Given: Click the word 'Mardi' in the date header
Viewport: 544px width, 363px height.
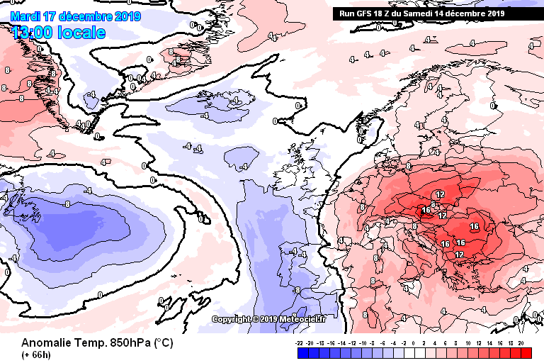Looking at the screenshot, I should point(25,16).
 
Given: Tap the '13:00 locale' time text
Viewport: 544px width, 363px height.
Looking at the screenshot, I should point(58,33).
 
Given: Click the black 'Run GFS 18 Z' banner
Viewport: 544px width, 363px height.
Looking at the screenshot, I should point(421,13).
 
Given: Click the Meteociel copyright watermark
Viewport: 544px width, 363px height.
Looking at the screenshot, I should point(269,319).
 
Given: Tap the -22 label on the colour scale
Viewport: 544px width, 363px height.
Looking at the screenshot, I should point(300,342).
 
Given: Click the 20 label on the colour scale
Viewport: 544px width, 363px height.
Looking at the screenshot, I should point(521,342).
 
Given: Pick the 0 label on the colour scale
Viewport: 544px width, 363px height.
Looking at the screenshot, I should point(413,342).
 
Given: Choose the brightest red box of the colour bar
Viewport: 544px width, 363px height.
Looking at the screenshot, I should point(525,352).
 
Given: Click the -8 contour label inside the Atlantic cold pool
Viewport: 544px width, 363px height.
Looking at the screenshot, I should point(66,204).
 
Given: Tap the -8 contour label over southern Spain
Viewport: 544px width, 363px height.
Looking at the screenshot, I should point(297,290).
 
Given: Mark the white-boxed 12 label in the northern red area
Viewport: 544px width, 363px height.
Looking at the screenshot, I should point(439,194).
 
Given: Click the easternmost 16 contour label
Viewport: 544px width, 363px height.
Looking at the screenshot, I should point(474,227).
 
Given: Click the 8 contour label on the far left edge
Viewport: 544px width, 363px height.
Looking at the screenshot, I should point(6,70).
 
